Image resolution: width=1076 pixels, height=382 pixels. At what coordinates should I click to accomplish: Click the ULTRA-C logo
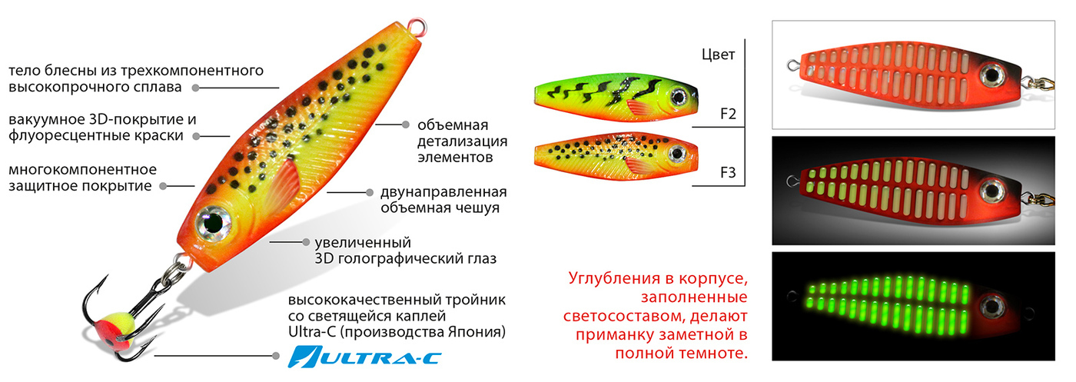(364, 357)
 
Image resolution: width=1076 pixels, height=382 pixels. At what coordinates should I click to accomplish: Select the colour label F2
(729, 114)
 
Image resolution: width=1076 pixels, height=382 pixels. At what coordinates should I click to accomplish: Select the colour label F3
(729, 172)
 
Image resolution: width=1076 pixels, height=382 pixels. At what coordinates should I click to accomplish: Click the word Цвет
(718, 55)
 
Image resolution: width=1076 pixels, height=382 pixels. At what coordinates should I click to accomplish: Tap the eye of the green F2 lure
(678, 97)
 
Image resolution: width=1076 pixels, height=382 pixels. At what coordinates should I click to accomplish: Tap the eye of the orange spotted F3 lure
(677, 153)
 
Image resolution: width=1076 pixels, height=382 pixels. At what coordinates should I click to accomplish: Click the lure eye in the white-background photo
(991, 75)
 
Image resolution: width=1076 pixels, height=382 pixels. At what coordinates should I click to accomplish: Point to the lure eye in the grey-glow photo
(991, 191)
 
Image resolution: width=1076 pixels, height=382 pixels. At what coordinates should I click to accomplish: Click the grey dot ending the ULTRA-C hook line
(276, 356)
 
